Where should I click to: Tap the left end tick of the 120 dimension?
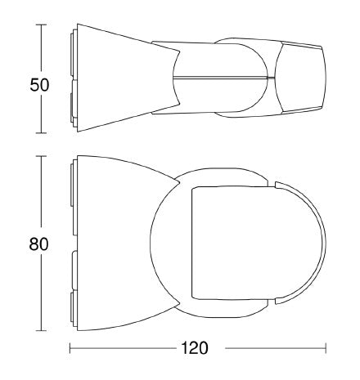tap(70, 348)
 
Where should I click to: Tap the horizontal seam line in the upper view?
tap(221, 77)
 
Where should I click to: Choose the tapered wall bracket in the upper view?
tap(123, 77)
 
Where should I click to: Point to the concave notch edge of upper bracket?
tap(174, 77)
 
